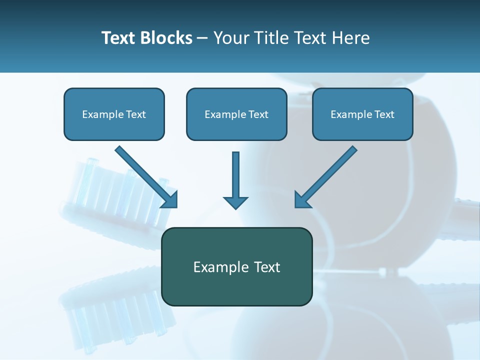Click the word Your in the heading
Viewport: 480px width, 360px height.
(x=231, y=38)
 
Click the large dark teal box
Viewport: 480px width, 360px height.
(x=236, y=287)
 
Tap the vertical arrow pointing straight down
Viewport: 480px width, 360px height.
(x=235, y=175)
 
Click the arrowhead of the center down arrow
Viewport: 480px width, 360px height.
(x=235, y=202)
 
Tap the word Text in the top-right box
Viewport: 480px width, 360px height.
(x=384, y=114)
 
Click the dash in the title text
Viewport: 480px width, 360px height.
(x=202, y=38)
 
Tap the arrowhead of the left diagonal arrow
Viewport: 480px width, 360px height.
(x=170, y=199)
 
